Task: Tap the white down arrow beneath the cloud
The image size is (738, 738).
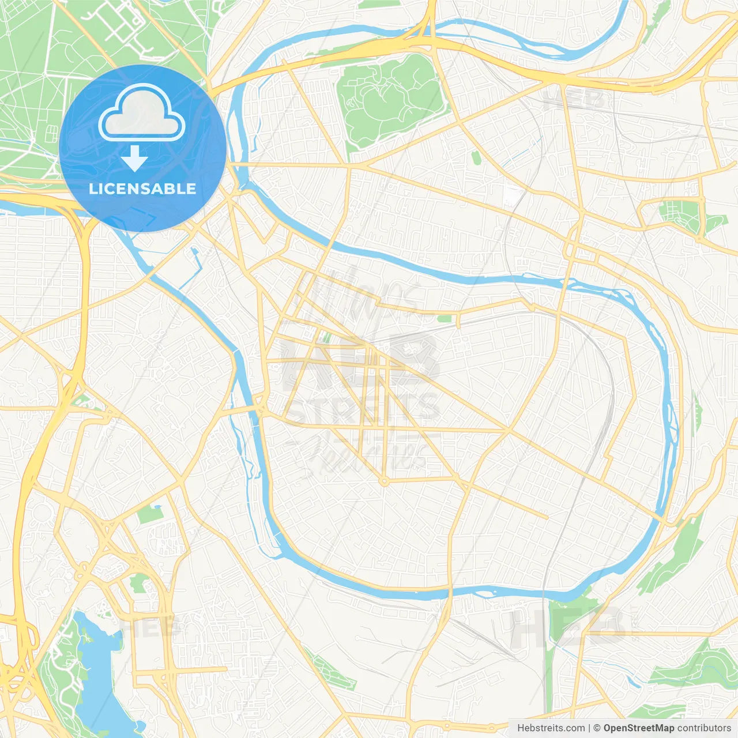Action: point(134,159)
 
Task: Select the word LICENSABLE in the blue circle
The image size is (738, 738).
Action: point(142,189)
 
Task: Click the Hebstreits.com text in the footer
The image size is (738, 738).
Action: point(551,728)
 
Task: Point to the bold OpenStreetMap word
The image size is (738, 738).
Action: point(639,728)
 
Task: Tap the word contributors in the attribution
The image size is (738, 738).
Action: point(704,728)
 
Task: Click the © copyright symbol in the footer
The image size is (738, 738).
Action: point(597,728)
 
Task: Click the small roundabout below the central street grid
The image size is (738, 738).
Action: point(384,480)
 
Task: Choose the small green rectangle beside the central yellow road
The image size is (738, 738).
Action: point(445,318)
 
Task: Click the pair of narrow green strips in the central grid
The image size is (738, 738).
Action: point(326,337)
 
